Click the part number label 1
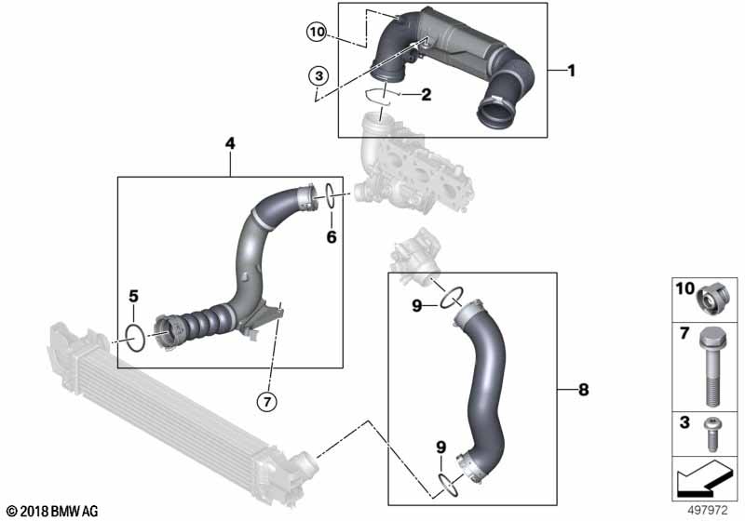point(572,71)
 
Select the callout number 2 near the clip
point(427,94)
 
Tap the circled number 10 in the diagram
point(318,33)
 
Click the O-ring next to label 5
point(134,338)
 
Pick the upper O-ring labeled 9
point(451,297)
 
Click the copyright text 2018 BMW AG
point(51,511)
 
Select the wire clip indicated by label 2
point(377,93)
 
